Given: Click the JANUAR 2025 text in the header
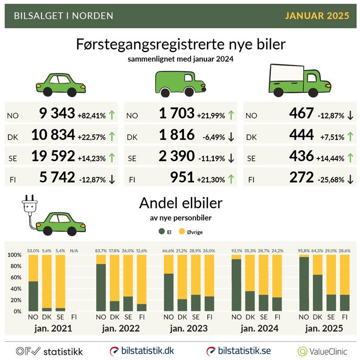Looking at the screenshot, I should [317, 16].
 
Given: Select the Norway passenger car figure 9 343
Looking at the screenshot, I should [57, 114].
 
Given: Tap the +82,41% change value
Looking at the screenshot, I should [91, 115].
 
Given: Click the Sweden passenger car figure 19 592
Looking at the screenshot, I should [53, 156].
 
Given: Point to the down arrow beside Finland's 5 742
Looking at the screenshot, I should [112, 178].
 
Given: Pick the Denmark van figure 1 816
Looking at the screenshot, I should [177, 135].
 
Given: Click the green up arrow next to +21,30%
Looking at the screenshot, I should [231, 178].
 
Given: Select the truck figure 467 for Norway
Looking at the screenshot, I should [301, 114].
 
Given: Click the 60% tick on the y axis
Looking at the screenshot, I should [14, 277].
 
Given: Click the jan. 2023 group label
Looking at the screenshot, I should [189, 329].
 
